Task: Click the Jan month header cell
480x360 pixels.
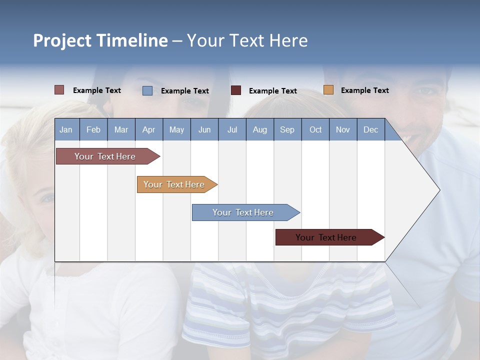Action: [x=66, y=129]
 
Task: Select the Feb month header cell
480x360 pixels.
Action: [x=93, y=129]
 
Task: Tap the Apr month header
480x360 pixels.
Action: [x=149, y=129]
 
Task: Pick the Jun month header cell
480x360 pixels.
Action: [x=204, y=129]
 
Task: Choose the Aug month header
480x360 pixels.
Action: [x=260, y=129]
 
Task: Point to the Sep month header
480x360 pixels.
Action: [x=287, y=129]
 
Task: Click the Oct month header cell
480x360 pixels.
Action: [x=315, y=129]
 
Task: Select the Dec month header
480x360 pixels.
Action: [x=371, y=129]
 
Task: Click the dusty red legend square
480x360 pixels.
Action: [x=59, y=90]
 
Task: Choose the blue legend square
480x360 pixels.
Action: [x=147, y=90]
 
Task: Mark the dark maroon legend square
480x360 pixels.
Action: [x=236, y=90]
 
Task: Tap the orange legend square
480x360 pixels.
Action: [x=328, y=90]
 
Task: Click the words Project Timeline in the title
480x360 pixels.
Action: [x=100, y=40]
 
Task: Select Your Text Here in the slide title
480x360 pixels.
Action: [x=247, y=40]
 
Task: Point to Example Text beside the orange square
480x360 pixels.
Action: [x=364, y=90]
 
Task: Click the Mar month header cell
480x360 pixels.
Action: [x=121, y=129]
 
